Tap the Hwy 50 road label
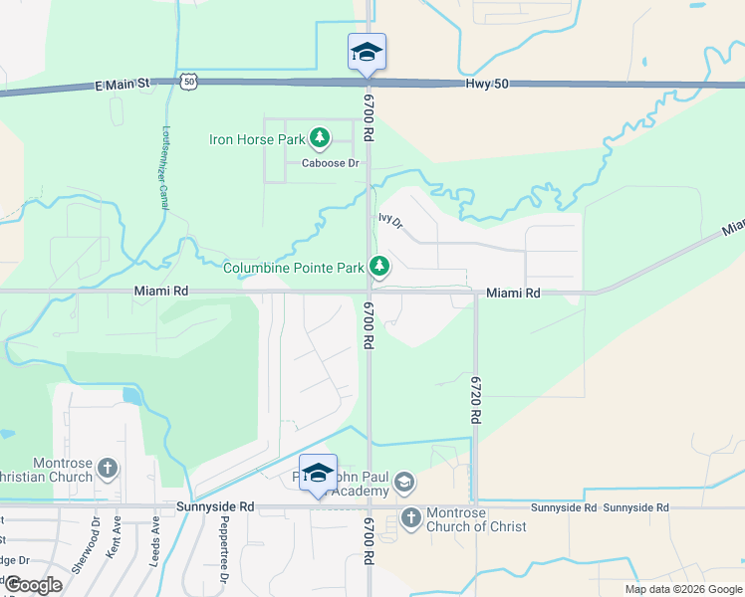[x=486, y=85]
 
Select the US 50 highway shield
[x=189, y=83]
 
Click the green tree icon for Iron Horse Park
[x=320, y=138]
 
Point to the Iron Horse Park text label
[x=257, y=139]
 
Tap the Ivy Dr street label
[x=390, y=220]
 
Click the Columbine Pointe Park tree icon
[x=378, y=267]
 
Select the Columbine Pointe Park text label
[x=293, y=268]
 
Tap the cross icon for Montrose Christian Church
[x=108, y=467]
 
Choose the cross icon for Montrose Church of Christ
[x=410, y=517]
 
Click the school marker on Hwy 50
[x=367, y=53]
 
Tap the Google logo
[x=33, y=585]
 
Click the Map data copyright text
[x=682, y=589]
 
